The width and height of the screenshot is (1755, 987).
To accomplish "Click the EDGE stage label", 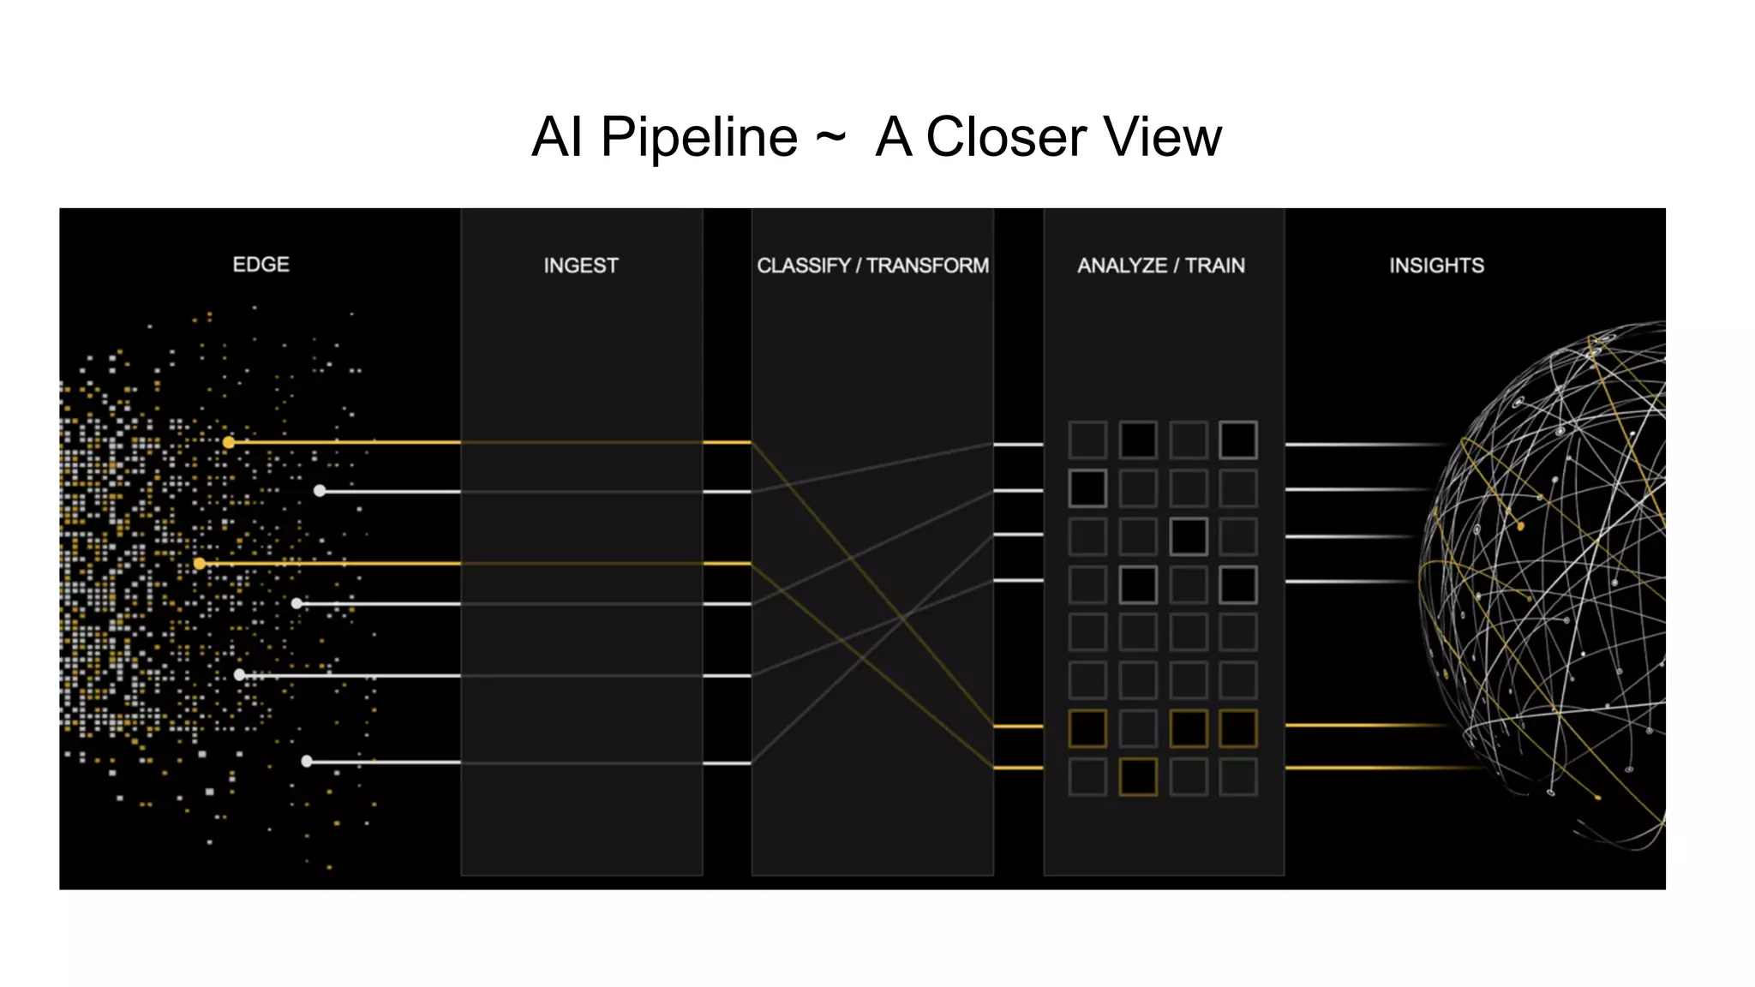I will click(x=261, y=265).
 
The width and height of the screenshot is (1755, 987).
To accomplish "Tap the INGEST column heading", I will click(x=580, y=266).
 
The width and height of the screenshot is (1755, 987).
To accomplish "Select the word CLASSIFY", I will click(x=803, y=266).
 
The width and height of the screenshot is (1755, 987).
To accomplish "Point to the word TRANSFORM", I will click(x=927, y=266).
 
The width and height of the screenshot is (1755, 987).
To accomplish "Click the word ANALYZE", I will click(x=1122, y=266).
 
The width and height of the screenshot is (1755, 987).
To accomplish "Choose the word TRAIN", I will click(x=1215, y=266).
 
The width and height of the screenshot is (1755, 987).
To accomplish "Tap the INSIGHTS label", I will click(x=1436, y=266).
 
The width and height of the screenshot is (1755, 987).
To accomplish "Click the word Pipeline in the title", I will click(x=698, y=137).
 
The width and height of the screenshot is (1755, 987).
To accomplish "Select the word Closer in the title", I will click(x=1005, y=137).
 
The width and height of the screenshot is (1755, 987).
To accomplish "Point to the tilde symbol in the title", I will click(x=830, y=137).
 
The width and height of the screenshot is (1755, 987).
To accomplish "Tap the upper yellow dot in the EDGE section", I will click(x=229, y=442).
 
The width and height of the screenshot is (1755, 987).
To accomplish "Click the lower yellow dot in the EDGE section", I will click(x=200, y=564).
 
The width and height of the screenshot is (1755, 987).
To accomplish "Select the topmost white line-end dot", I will click(x=320, y=491).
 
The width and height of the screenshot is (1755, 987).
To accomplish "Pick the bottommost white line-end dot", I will click(x=307, y=761).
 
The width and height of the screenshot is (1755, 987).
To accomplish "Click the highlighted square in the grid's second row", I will click(x=1087, y=488).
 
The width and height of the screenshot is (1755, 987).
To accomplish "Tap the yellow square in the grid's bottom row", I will click(x=1138, y=777).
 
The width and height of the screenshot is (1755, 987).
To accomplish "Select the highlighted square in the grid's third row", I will click(x=1189, y=536).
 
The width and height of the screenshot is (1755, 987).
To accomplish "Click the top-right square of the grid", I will click(x=1238, y=440).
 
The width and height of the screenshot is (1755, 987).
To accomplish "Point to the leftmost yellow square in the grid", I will click(x=1087, y=728).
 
